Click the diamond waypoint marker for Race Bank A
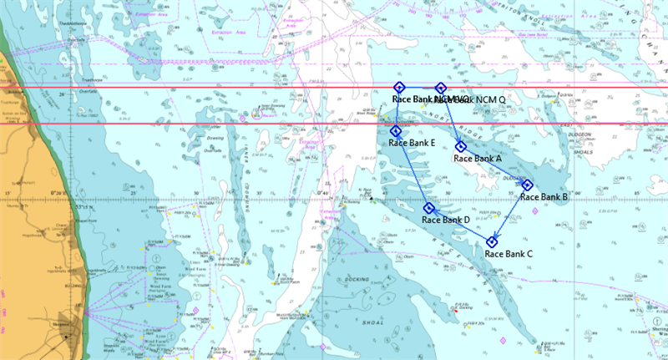[460, 147]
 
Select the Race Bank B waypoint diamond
[528, 185]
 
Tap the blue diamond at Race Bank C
[492, 242]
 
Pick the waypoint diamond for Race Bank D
[429, 209]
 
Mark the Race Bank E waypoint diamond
[396, 131]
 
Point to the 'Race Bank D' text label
[446, 220]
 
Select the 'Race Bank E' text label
[412, 143]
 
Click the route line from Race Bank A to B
[493, 166]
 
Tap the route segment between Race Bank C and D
[460, 226]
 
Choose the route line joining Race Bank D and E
[412, 170]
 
